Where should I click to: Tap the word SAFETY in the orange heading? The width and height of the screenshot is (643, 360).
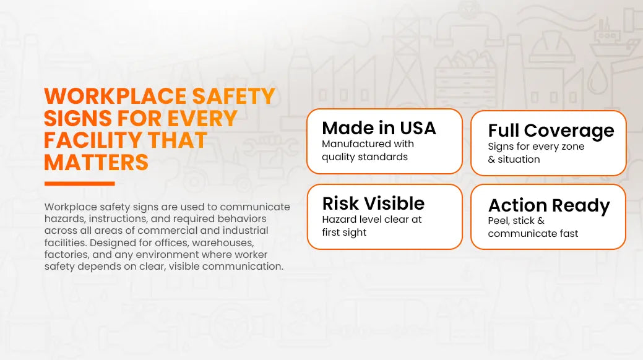[x=233, y=96]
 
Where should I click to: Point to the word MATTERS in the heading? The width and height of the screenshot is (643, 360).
[x=96, y=162]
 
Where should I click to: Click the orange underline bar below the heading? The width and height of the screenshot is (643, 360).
[x=80, y=184]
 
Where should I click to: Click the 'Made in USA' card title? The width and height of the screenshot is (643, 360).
[x=379, y=128]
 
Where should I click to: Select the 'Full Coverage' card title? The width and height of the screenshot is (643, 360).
[x=551, y=131]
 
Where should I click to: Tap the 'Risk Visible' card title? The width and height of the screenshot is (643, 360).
[x=373, y=204]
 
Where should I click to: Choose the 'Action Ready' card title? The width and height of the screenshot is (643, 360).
[x=549, y=206]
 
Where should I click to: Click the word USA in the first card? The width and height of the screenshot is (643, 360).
[x=418, y=128]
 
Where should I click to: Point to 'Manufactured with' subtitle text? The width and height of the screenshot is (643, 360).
[x=368, y=144]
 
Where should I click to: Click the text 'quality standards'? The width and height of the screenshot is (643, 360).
[x=365, y=157]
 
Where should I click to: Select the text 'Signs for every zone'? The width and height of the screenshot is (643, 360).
[x=536, y=147]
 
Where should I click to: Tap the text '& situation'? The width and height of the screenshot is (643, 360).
[x=514, y=160]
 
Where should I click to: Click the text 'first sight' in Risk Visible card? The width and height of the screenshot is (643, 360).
[x=344, y=233]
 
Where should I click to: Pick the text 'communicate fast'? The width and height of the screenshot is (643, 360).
[x=533, y=234]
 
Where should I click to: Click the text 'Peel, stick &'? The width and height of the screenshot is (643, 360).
[x=516, y=221]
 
